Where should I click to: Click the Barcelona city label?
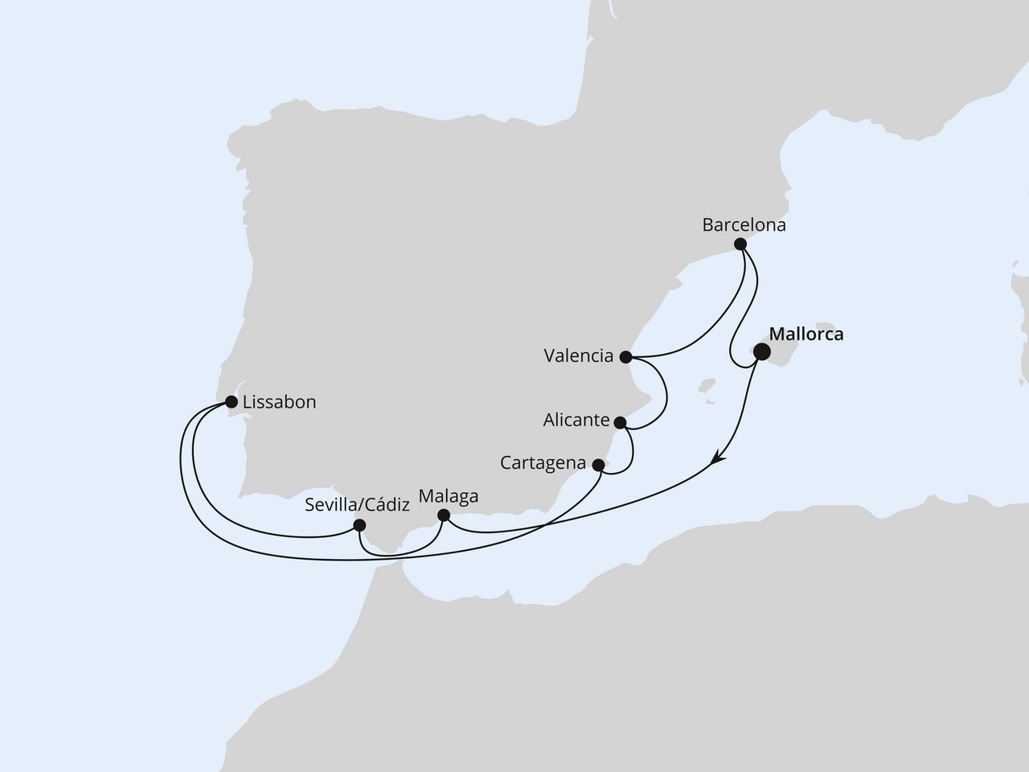click(x=744, y=225)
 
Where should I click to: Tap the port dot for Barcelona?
click(x=740, y=244)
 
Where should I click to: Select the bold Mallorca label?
click(x=806, y=334)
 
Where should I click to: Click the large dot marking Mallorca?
click(x=760, y=351)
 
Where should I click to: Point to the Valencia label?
click(x=578, y=355)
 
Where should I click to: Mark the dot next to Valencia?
click(x=625, y=355)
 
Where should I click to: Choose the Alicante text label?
click(x=575, y=420)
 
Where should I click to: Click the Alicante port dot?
click(x=620, y=422)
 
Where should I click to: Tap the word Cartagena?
click(x=543, y=463)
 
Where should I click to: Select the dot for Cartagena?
click(x=598, y=465)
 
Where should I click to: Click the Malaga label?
click(x=449, y=495)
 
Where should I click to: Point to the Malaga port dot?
click(x=443, y=515)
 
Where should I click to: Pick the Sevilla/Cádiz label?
click(x=358, y=506)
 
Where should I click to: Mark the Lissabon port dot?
click(x=232, y=401)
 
